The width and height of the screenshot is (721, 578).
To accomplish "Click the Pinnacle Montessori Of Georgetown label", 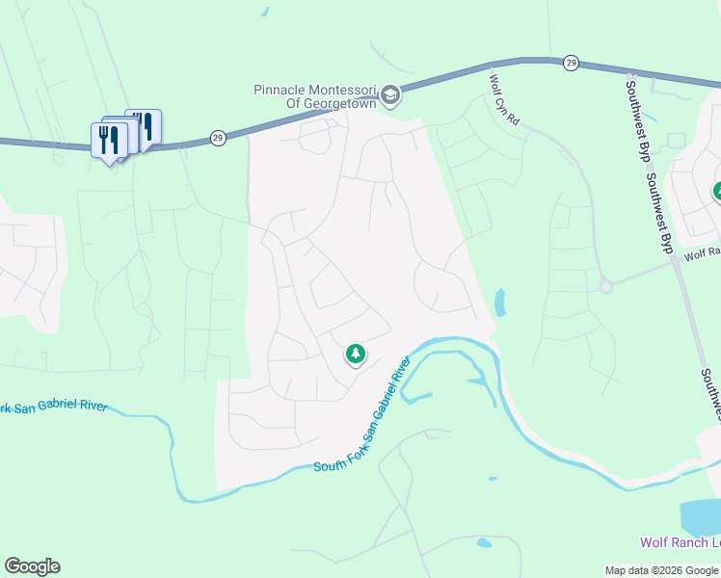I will (314, 96).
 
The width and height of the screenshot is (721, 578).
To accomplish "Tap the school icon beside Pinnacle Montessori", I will (390, 94).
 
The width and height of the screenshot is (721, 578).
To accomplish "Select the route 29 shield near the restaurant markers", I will (218, 139).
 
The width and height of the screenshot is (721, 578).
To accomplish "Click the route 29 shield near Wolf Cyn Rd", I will (572, 63).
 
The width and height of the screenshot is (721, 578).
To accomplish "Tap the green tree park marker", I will (356, 355).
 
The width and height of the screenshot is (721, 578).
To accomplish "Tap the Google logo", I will (32, 566).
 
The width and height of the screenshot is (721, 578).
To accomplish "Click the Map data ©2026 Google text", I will (660, 570).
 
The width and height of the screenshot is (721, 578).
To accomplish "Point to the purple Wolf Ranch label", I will (681, 542).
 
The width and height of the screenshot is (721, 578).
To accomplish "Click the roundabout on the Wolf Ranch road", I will (605, 286).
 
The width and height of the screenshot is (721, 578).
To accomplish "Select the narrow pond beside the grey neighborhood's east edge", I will (499, 302).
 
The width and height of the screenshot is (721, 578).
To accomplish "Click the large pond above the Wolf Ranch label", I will (701, 517).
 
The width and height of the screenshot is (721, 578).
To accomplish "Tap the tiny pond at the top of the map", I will (265, 13).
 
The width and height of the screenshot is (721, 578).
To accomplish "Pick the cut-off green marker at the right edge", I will (717, 192).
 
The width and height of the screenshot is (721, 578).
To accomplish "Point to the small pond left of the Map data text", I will (483, 542).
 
